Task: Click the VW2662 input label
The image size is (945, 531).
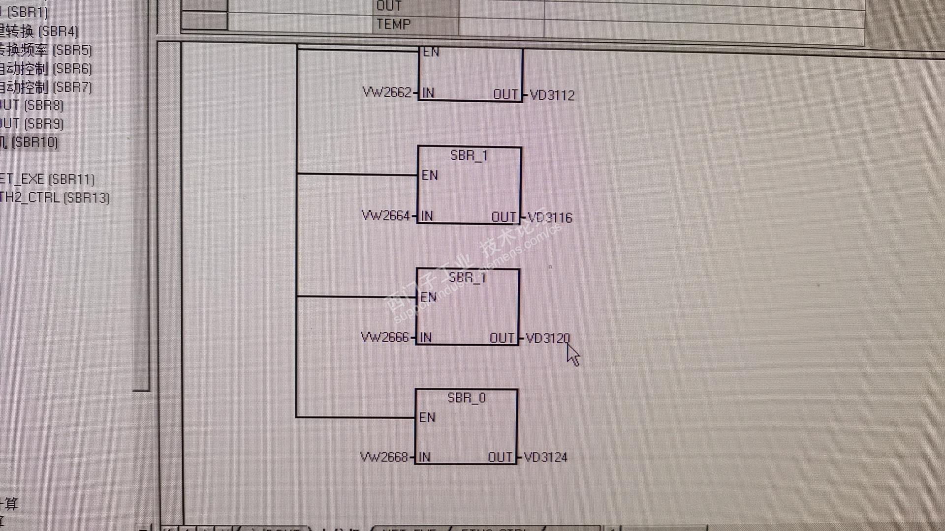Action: pos(386,92)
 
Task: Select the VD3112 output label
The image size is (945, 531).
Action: pos(552,95)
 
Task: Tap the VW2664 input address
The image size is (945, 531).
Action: pos(385,215)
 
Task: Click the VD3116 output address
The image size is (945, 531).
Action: pos(550,217)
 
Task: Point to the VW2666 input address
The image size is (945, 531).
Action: pos(384,337)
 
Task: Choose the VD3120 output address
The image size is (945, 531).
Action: pos(548,338)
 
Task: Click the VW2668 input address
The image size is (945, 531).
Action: pos(384,457)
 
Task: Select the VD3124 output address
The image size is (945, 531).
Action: pos(546,457)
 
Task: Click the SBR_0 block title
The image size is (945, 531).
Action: pos(466,398)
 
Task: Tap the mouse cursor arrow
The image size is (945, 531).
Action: pos(572,354)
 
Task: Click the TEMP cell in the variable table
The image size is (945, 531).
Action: pos(393,24)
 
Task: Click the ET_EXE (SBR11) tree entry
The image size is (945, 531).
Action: pos(47,179)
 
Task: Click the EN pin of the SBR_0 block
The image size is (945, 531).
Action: pos(427,417)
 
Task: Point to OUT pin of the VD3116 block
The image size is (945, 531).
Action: pos(504,217)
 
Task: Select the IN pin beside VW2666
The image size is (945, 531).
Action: pos(425,337)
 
